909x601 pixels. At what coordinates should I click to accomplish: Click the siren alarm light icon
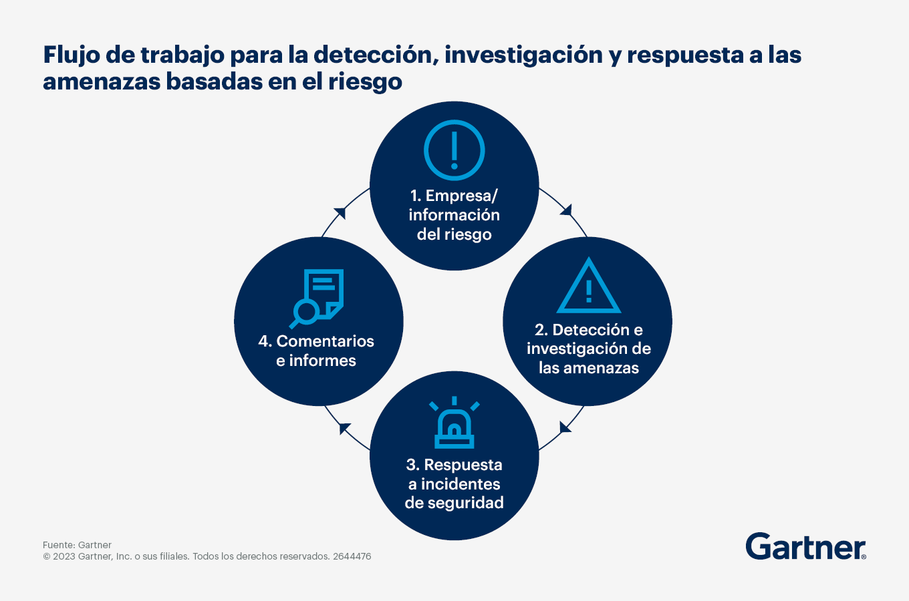pyautogui.click(x=454, y=423)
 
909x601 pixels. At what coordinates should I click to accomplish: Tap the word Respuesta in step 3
pyautogui.click(x=463, y=465)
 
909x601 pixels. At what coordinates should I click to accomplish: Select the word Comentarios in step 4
pyautogui.click(x=325, y=341)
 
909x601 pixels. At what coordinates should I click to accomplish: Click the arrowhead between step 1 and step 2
pyautogui.click(x=567, y=210)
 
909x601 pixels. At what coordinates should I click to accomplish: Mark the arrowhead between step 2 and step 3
pyautogui.click(x=565, y=427)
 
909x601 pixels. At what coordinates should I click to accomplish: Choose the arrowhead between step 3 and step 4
pyautogui.click(x=344, y=428)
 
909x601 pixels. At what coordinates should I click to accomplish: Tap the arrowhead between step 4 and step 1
pyautogui.click(x=340, y=213)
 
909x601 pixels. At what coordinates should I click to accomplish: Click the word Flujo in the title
pyautogui.click(x=72, y=55)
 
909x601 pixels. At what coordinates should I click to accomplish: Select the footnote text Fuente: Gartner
pyautogui.click(x=77, y=545)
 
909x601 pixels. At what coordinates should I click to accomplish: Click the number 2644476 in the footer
pyautogui.click(x=352, y=556)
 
